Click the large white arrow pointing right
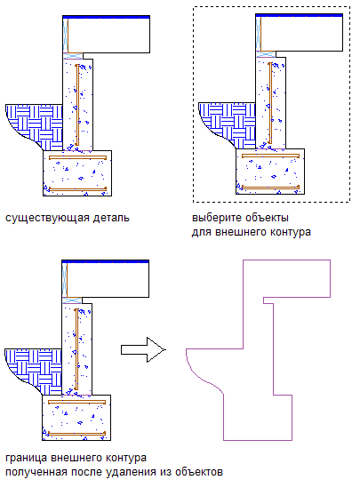[x=143, y=349]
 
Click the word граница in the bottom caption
[x=26, y=459]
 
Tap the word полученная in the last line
[x=36, y=472]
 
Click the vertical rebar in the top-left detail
[x=77, y=105]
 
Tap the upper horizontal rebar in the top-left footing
[x=77, y=157]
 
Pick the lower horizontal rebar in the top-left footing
[x=77, y=188]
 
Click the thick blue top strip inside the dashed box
[x=299, y=15]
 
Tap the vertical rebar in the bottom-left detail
[x=76, y=349]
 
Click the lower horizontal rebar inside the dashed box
[x=270, y=187]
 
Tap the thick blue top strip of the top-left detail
[x=107, y=17]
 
